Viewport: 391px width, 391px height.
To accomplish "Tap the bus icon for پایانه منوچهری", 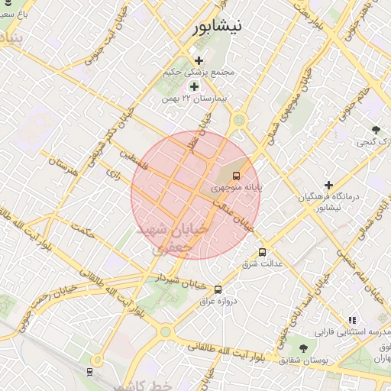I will (235, 175).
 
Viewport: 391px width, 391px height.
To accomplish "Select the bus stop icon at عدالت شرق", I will (263, 252).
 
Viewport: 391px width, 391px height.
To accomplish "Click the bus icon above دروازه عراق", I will (218, 289).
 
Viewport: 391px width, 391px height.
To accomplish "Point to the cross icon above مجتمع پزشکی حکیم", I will (199, 60).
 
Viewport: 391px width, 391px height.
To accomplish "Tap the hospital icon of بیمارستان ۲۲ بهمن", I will (194, 86).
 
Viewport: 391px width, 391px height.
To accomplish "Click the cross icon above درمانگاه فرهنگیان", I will (328, 185).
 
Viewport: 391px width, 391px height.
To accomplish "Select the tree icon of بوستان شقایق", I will (304, 348).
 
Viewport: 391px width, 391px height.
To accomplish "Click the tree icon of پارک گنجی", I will (375, 130).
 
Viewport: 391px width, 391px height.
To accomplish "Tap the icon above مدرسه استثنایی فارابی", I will (351, 320).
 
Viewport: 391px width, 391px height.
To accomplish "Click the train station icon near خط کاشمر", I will (91, 372).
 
